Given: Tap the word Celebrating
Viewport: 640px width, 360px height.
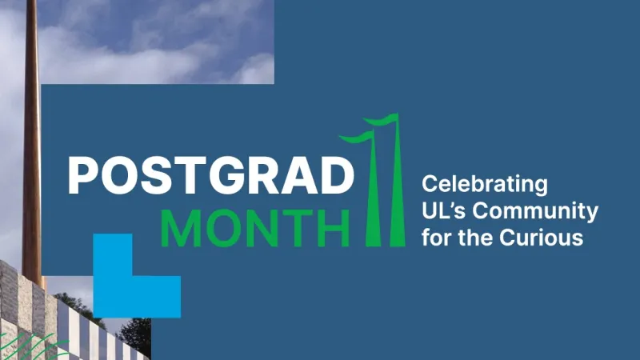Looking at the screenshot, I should [x=485, y=185].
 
